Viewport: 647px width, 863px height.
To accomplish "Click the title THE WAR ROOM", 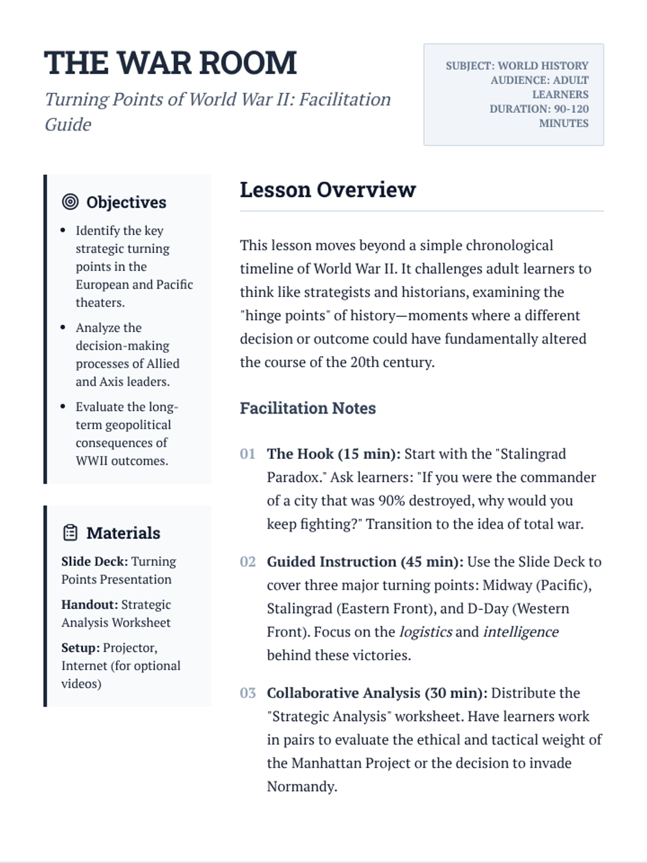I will pos(170,63).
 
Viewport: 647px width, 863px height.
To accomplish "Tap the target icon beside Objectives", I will pos(70,202).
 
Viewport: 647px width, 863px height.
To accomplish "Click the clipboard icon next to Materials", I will pos(70,532).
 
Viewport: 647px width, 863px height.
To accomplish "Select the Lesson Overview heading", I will pos(328,190).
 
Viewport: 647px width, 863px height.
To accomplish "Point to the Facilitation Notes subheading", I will pos(308,408).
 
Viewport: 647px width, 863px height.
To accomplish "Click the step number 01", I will pos(247,454).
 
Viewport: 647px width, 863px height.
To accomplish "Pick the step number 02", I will pos(247,562).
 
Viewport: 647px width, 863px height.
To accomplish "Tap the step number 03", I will pos(247,693).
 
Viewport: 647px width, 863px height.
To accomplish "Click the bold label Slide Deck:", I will pos(94,561).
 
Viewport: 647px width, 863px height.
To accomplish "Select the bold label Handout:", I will pos(90,605).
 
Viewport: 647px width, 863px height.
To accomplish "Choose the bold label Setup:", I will pos(80,648).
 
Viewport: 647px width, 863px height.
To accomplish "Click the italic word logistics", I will pos(425,632).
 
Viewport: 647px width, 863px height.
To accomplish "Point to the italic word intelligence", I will pos(520,632).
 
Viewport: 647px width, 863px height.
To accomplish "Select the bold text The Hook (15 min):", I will pos(334,454).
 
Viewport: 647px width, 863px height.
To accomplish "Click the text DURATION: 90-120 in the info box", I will pos(539,109).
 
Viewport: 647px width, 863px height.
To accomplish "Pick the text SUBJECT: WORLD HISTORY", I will pos(517,66).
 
